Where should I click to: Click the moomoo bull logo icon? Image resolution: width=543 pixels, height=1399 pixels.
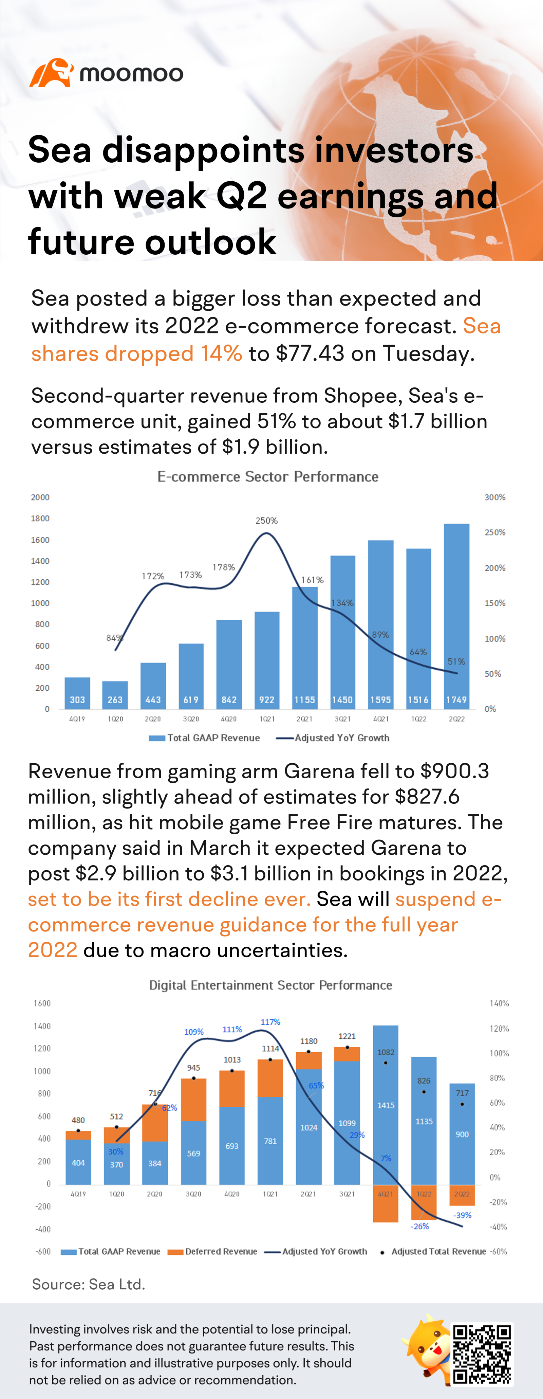(x=51, y=73)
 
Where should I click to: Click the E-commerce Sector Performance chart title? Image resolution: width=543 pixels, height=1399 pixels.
(x=268, y=477)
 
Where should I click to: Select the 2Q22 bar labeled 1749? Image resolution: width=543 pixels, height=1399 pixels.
(x=456, y=616)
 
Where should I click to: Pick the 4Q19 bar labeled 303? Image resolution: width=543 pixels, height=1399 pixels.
(x=77, y=693)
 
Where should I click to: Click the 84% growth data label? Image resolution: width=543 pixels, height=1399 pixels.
(x=114, y=638)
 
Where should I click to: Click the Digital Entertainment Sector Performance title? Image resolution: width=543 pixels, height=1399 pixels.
(x=270, y=985)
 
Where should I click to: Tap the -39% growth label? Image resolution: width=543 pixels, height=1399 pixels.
(x=463, y=1215)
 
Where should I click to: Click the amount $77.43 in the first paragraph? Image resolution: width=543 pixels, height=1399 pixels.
(x=310, y=353)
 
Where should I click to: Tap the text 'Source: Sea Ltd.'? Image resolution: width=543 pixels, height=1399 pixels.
(x=89, y=1285)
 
